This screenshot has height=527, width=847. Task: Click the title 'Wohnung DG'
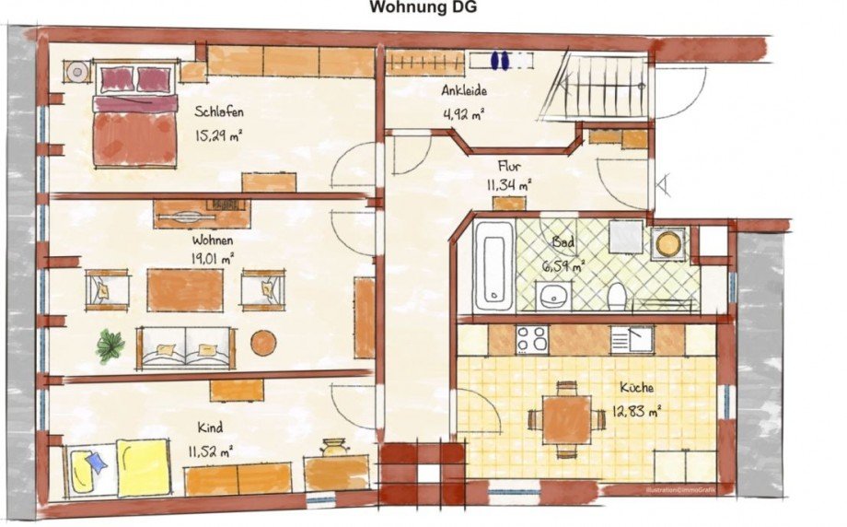[x=423, y=8]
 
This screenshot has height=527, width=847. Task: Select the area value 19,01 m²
[x=213, y=258]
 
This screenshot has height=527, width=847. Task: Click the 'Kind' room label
[x=210, y=427]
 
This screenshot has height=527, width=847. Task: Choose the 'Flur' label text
[x=509, y=167]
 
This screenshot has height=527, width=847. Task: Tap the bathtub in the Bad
[x=493, y=266]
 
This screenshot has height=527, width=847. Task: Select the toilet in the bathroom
[x=617, y=294]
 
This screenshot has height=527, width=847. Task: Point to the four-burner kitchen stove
[x=532, y=339]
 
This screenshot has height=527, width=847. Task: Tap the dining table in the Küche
[x=566, y=420]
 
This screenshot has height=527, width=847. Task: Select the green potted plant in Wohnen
[x=111, y=345]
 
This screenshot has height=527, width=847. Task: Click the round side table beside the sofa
[x=263, y=343]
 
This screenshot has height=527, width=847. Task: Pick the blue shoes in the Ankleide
[x=499, y=60]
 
